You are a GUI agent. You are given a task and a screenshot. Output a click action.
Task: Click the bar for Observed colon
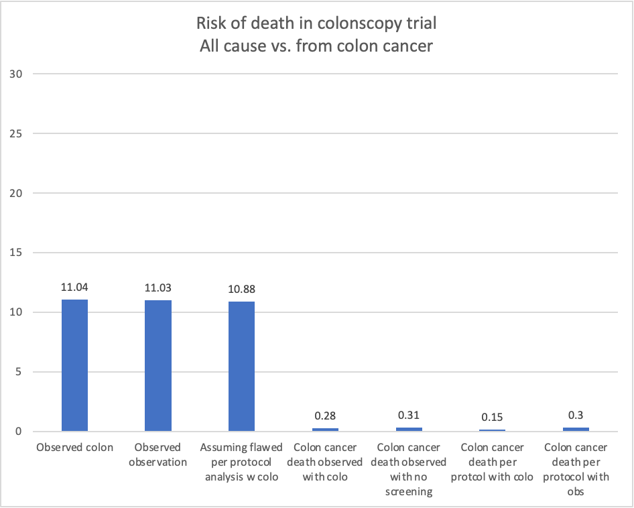[74, 365]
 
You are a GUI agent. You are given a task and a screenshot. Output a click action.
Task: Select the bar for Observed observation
[158, 365]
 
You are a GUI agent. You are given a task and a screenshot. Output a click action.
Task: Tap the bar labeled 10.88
[241, 367]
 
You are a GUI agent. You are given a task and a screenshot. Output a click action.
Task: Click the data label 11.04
[74, 288]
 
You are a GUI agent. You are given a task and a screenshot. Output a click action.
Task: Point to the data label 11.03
[158, 288]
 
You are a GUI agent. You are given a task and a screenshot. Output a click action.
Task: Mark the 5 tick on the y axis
[20, 372]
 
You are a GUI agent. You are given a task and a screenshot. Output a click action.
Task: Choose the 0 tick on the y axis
[20, 432]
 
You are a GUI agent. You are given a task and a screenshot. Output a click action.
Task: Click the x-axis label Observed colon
[75, 448]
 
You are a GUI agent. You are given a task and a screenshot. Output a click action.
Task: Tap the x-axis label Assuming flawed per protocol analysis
[241, 462]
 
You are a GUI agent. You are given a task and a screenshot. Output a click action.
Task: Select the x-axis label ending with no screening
[409, 469]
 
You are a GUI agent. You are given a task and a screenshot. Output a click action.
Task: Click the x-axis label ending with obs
[576, 469]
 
